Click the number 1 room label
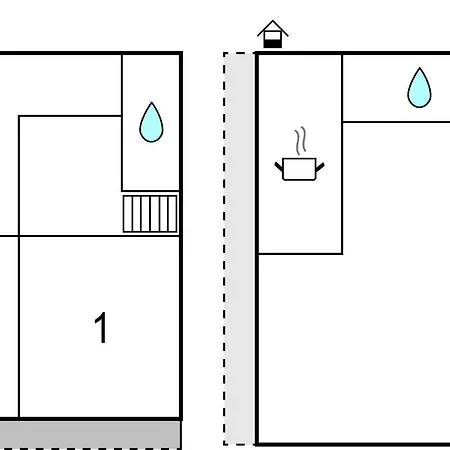coord(101,327)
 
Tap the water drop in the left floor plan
coord(151,123)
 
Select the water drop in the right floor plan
coord(419,88)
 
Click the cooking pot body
coord(299,169)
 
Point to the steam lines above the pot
coord(300,141)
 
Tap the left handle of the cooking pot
coord(279,166)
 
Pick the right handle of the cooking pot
coord(320,167)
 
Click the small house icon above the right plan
coord(273,34)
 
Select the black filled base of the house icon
coord(273,44)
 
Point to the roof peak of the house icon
coord(273,21)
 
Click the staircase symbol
coord(150,214)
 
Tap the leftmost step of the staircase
coord(128,214)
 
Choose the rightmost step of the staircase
coord(173,214)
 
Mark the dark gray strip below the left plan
coord(90,434)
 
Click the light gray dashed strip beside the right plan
coord(239,249)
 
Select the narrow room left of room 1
coord(9,327)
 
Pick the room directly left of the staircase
coord(70,176)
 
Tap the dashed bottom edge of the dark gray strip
coord(90,449)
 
